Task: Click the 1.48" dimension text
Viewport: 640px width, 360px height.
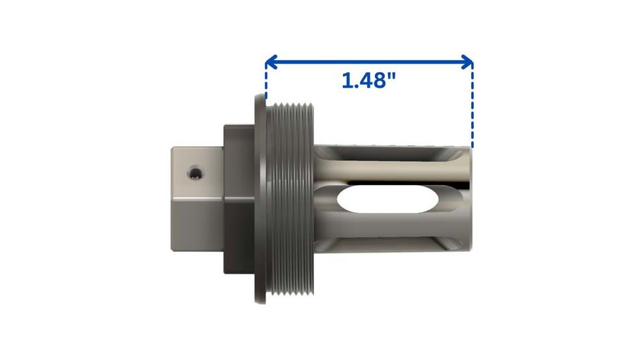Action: pos(368,80)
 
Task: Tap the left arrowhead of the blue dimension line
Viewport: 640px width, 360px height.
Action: pos(271,62)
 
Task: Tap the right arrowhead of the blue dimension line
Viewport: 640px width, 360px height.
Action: pos(467,62)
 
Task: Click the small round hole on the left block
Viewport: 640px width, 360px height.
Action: pos(196,173)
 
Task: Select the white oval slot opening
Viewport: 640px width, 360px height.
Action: pos(388,199)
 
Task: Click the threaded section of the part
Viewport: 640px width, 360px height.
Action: pos(290,199)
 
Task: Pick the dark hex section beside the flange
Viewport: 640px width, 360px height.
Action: pos(240,199)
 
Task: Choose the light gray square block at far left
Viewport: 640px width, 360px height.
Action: pos(197,199)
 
